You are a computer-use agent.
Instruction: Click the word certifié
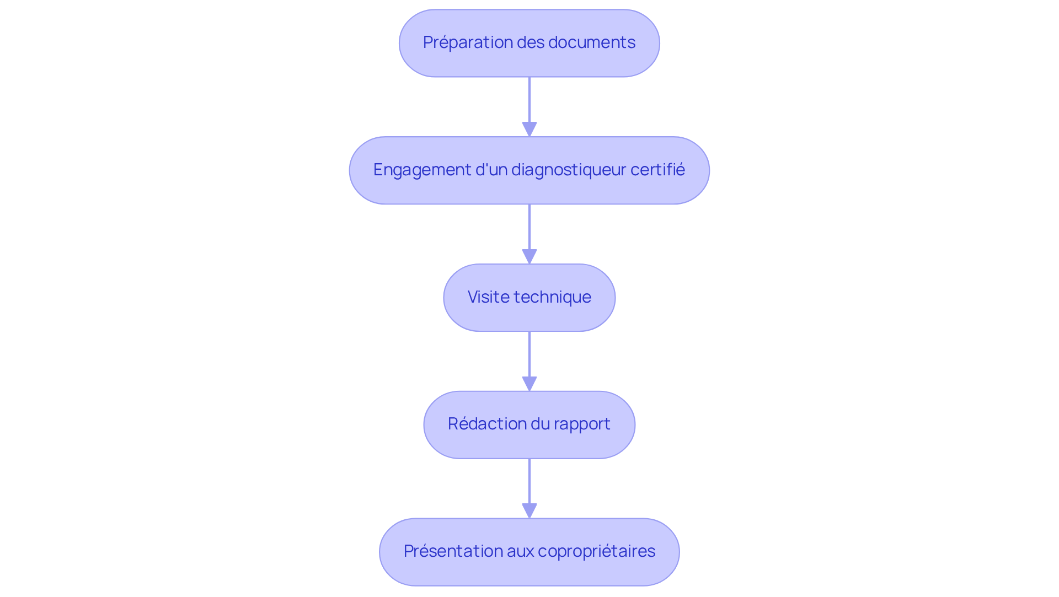click(657, 170)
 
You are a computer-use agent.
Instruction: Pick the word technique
click(553, 297)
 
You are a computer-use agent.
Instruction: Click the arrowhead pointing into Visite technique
click(529, 257)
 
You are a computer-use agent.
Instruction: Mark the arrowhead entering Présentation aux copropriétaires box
click(529, 511)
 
